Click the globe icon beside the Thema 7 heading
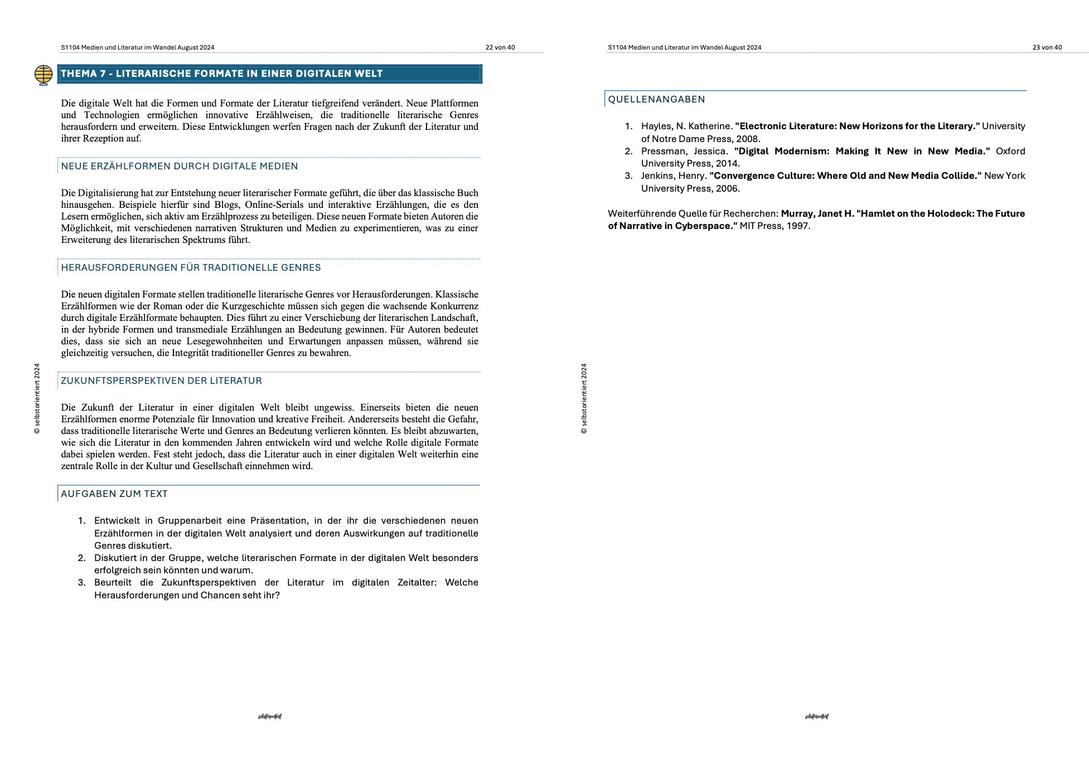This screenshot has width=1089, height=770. coord(43,74)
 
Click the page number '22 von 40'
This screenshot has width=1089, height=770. coord(500,47)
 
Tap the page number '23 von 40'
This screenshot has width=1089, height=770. coord(1047,47)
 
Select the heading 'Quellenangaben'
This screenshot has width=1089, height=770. coord(656,99)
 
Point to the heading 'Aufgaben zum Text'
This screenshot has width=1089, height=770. coord(114,494)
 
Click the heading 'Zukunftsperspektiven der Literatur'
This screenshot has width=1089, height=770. coord(161,381)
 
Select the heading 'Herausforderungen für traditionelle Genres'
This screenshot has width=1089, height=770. coord(191,267)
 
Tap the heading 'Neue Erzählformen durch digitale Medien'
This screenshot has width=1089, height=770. coord(179,166)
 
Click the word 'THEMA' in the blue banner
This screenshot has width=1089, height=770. coord(83,74)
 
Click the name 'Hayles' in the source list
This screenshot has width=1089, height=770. coord(656,126)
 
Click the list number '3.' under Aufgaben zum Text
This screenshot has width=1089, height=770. coord(81,583)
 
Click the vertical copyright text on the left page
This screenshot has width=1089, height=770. coord(37,398)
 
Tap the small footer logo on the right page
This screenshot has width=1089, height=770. coord(816,717)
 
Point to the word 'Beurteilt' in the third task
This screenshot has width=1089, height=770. coord(113,583)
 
